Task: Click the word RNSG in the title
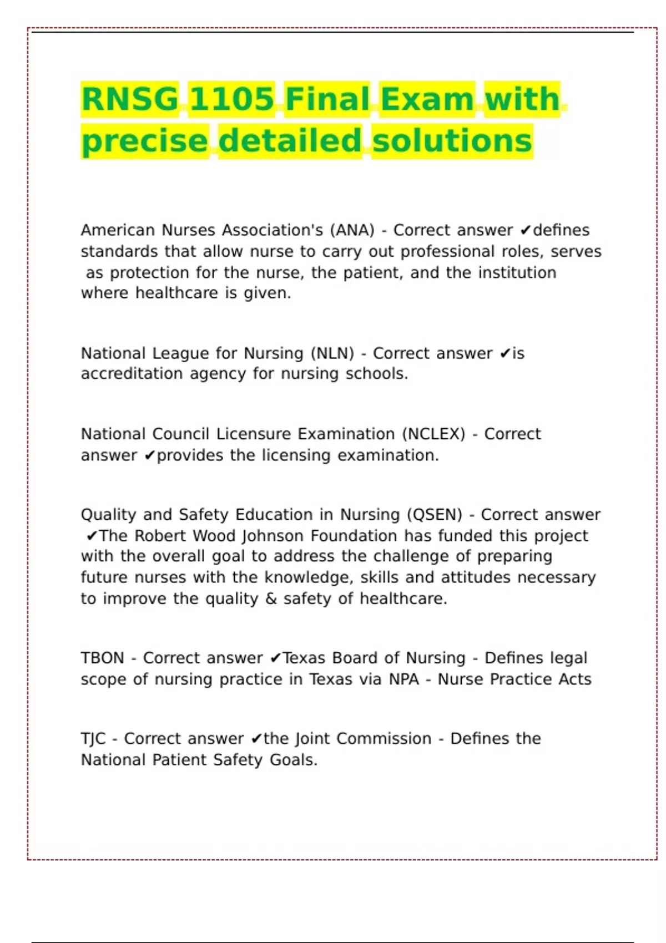(x=129, y=99)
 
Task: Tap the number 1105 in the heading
(x=231, y=99)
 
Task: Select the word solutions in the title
(x=452, y=141)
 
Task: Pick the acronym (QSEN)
(x=434, y=515)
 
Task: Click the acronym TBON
(x=102, y=658)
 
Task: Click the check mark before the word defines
(x=526, y=230)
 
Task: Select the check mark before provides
(x=150, y=455)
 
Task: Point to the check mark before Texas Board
(x=275, y=658)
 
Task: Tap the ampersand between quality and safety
(x=271, y=599)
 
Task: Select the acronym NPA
(x=403, y=680)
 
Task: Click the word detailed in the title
(x=290, y=141)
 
